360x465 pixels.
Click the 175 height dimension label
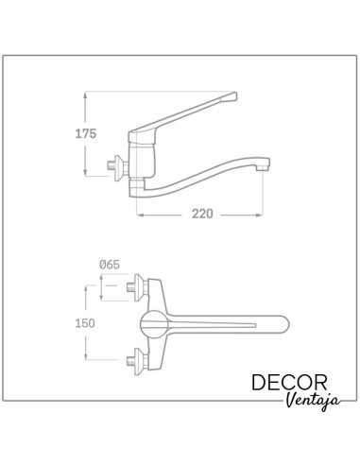tap(86, 133)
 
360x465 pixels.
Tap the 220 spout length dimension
tap(202, 214)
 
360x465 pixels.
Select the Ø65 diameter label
tap(110, 265)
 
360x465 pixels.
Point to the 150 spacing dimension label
tap(85, 323)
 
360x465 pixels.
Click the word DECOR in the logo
tap(289, 383)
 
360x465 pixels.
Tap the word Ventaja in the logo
tap(314, 401)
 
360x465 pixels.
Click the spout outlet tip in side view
tap(263, 164)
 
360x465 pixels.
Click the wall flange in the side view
tap(119, 167)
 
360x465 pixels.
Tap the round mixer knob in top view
tap(154, 325)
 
